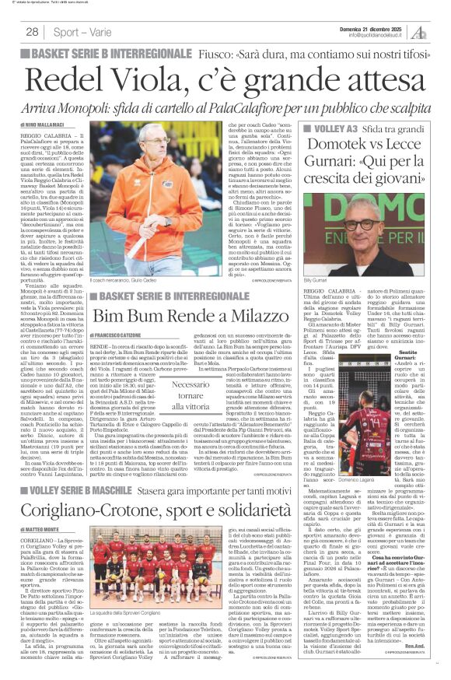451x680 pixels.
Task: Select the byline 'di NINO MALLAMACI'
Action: point(44,124)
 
